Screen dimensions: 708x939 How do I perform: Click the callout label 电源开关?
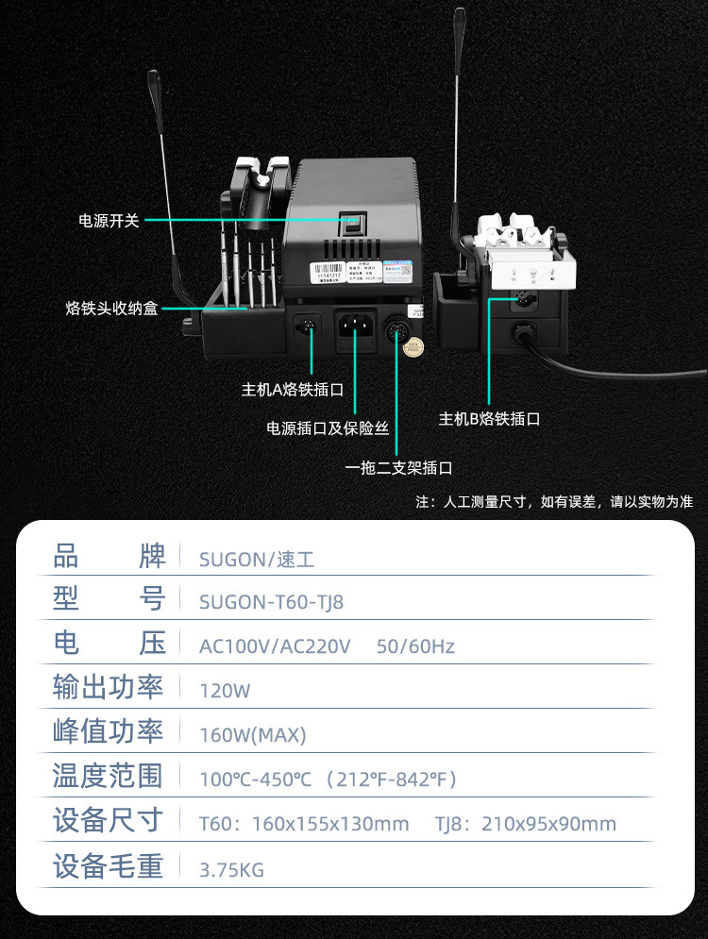point(109,221)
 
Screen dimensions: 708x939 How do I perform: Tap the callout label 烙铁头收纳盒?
point(111,308)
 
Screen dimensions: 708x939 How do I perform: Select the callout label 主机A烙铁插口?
point(292,388)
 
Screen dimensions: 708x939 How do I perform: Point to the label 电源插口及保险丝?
point(328,428)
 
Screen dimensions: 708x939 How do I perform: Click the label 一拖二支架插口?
point(398,467)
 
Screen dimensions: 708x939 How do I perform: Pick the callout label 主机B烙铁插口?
point(490,418)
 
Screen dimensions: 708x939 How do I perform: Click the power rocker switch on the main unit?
point(351,224)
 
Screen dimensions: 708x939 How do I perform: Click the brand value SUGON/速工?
point(257,559)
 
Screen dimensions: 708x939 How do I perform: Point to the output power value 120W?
point(225,690)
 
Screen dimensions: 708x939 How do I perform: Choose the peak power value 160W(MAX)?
point(253,734)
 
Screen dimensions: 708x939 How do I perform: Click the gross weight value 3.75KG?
point(231,869)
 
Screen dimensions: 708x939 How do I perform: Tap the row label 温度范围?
point(108,777)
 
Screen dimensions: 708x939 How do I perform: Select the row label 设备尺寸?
point(108,820)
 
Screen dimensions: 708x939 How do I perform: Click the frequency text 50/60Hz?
point(415,646)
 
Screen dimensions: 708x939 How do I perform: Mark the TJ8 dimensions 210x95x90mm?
point(548,824)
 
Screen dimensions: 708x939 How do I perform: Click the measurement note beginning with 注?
point(554,501)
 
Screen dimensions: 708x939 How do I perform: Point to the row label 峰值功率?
point(108,732)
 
